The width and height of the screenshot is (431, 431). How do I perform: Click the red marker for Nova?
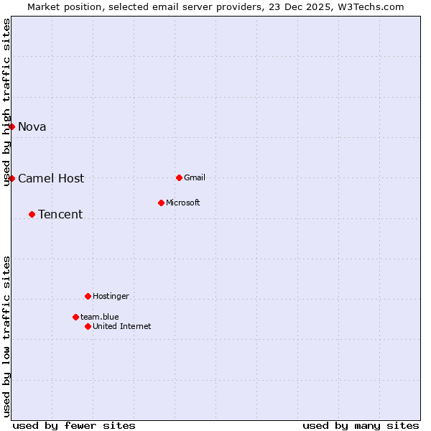pos(11,126)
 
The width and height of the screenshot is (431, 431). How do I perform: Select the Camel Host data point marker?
pos(11,178)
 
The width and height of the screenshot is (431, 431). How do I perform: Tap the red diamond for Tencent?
pos(32,214)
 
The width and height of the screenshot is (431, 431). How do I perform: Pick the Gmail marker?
pos(179,177)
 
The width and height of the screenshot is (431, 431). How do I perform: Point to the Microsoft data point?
pos(161,203)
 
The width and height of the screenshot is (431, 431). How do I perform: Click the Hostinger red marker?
pos(88,296)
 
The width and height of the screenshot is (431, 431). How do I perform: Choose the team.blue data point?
pos(75,317)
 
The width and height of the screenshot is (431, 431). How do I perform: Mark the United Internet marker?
pos(88,326)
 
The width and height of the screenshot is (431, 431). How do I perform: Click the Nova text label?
pos(32,127)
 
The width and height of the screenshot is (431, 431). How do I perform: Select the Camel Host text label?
pos(51,179)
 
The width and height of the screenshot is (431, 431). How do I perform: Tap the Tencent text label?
pos(60,215)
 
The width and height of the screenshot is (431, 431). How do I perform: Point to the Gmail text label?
pos(195,178)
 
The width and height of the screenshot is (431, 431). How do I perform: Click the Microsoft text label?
pos(183,203)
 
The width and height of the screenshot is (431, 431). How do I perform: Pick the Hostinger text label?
pos(111,297)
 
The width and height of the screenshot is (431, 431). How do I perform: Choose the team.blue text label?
pos(100,318)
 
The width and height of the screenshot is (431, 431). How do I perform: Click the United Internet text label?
pos(122,327)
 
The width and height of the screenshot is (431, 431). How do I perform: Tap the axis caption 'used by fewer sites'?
pos(74,425)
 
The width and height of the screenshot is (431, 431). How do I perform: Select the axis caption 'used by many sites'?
pos(361,425)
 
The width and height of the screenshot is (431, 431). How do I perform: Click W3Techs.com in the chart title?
pos(370,7)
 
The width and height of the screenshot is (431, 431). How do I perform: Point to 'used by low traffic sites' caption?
pos(7,336)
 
